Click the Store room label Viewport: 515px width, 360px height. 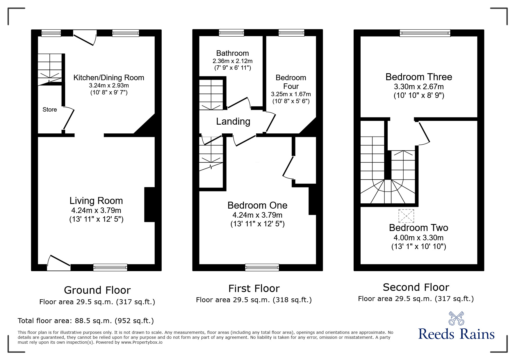[x=49, y=110]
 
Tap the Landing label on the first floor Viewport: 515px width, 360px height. [x=233, y=121]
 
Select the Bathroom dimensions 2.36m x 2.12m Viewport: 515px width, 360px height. [x=232, y=61]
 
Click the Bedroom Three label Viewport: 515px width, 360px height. [x=418, y=77]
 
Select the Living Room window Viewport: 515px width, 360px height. [x=110, y=267]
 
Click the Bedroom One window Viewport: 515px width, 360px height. [x=262, y=267]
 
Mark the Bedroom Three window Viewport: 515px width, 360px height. [x=425, y=33]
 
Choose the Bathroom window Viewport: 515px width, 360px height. [x=231, y=33]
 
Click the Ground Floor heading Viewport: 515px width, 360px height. [x=97, y=290]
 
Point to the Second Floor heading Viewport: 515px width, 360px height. [x=416, y=287]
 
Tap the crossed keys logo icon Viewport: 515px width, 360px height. [x=456, y=318]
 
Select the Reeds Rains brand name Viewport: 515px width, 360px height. [x=456, y=334]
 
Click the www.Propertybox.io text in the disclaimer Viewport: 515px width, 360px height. [x=142, y=342]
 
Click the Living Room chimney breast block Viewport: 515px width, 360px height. [x=149, y=205]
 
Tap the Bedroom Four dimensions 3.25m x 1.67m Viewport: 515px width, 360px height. [x=291, y=94]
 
